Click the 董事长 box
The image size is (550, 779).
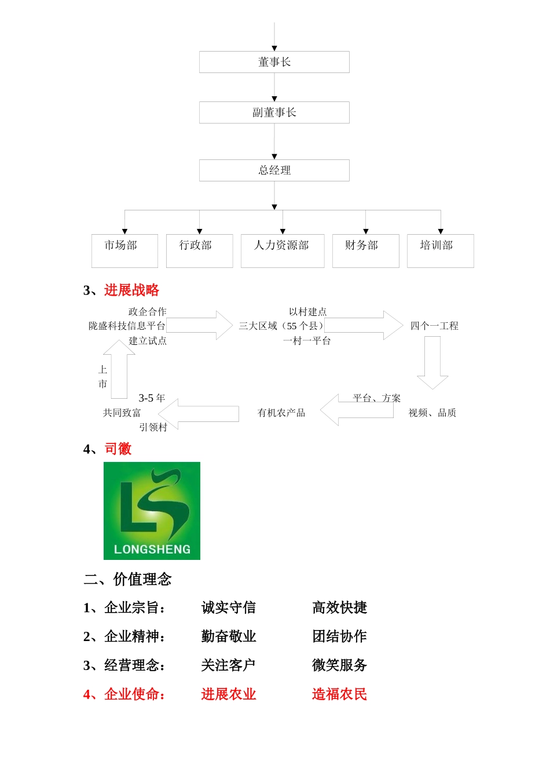tap(274, 62)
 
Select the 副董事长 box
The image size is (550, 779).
tap(274, 112)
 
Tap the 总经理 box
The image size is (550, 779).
tap(274, 170)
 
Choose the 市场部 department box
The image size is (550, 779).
tap(124, 250)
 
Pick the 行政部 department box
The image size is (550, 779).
tap(199, 250)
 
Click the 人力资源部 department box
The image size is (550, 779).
tap(282, 250)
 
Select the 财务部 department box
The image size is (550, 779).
tap(365, 250)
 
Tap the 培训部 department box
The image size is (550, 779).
tap(440, 250)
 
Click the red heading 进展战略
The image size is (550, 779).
tap(131, 290)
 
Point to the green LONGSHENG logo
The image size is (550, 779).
tap(152, 511)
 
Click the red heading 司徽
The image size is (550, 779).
tap(118, 449)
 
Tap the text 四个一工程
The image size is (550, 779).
tap(434, 326)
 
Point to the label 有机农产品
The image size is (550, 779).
tap(281, 413)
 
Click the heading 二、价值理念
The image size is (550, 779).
tap(127, 579)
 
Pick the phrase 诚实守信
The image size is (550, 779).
tap(228, 607)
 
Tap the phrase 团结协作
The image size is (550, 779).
tap(339, 636)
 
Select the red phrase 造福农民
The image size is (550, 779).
tap(339, 694)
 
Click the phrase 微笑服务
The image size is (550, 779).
tap(339, 665)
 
